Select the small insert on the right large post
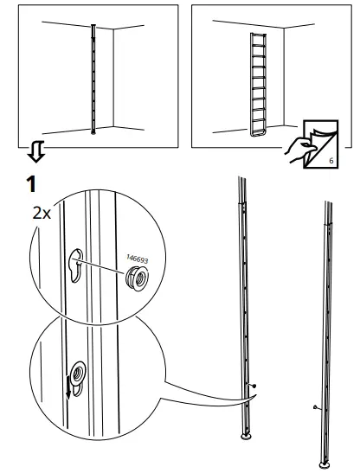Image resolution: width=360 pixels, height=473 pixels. click(x=318, y=406)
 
